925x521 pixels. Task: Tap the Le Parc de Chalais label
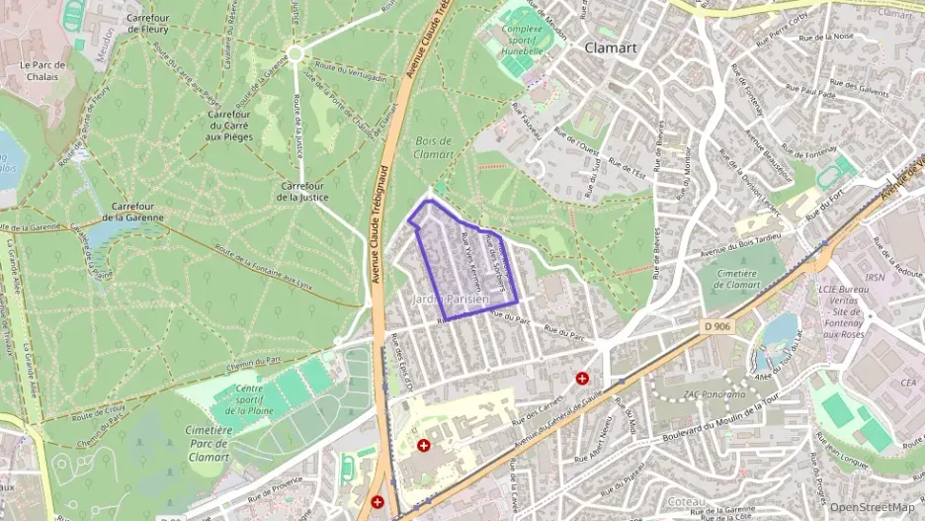coord(42,72)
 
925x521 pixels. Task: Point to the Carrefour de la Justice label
coord(304,192)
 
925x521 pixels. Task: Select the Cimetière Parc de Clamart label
coord(207,444)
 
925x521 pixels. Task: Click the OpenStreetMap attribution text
coord(872,507)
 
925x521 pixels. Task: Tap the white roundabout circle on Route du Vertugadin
coord(294,52)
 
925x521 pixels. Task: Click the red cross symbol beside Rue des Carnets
coord(583,378)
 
